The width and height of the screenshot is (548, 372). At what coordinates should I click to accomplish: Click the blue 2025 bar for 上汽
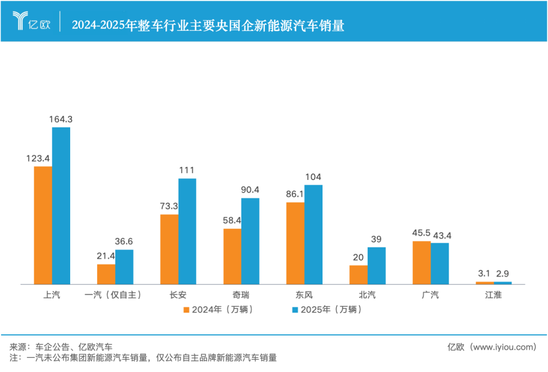point(61,206)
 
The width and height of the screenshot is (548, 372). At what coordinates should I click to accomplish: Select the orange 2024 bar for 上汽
point(43,225)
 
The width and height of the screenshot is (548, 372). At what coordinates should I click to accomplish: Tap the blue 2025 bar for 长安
point(187,231)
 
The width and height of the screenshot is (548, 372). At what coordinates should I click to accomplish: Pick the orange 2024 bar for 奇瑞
point(232,256)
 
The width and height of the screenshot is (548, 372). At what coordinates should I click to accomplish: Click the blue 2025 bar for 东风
point(313,234)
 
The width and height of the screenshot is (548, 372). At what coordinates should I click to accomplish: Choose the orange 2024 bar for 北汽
point(358,274)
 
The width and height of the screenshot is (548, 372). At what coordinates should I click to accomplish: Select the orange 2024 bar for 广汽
point(421,262)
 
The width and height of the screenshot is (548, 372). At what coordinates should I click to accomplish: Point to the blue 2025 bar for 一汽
point(124,267)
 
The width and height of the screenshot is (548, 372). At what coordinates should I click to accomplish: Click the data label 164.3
point(61,119)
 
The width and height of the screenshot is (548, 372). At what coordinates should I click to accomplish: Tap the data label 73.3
point(169,206)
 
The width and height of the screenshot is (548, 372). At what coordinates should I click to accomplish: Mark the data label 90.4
point(250,190)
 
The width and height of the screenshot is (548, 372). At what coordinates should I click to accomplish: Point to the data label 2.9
point(503,274)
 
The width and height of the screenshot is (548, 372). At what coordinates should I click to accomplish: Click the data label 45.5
point(421,233)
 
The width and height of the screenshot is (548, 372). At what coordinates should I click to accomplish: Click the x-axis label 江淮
point(493,295)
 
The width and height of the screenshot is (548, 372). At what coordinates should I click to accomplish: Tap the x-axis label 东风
point(304,295)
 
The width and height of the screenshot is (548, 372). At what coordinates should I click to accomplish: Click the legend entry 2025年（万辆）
point(327,310)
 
